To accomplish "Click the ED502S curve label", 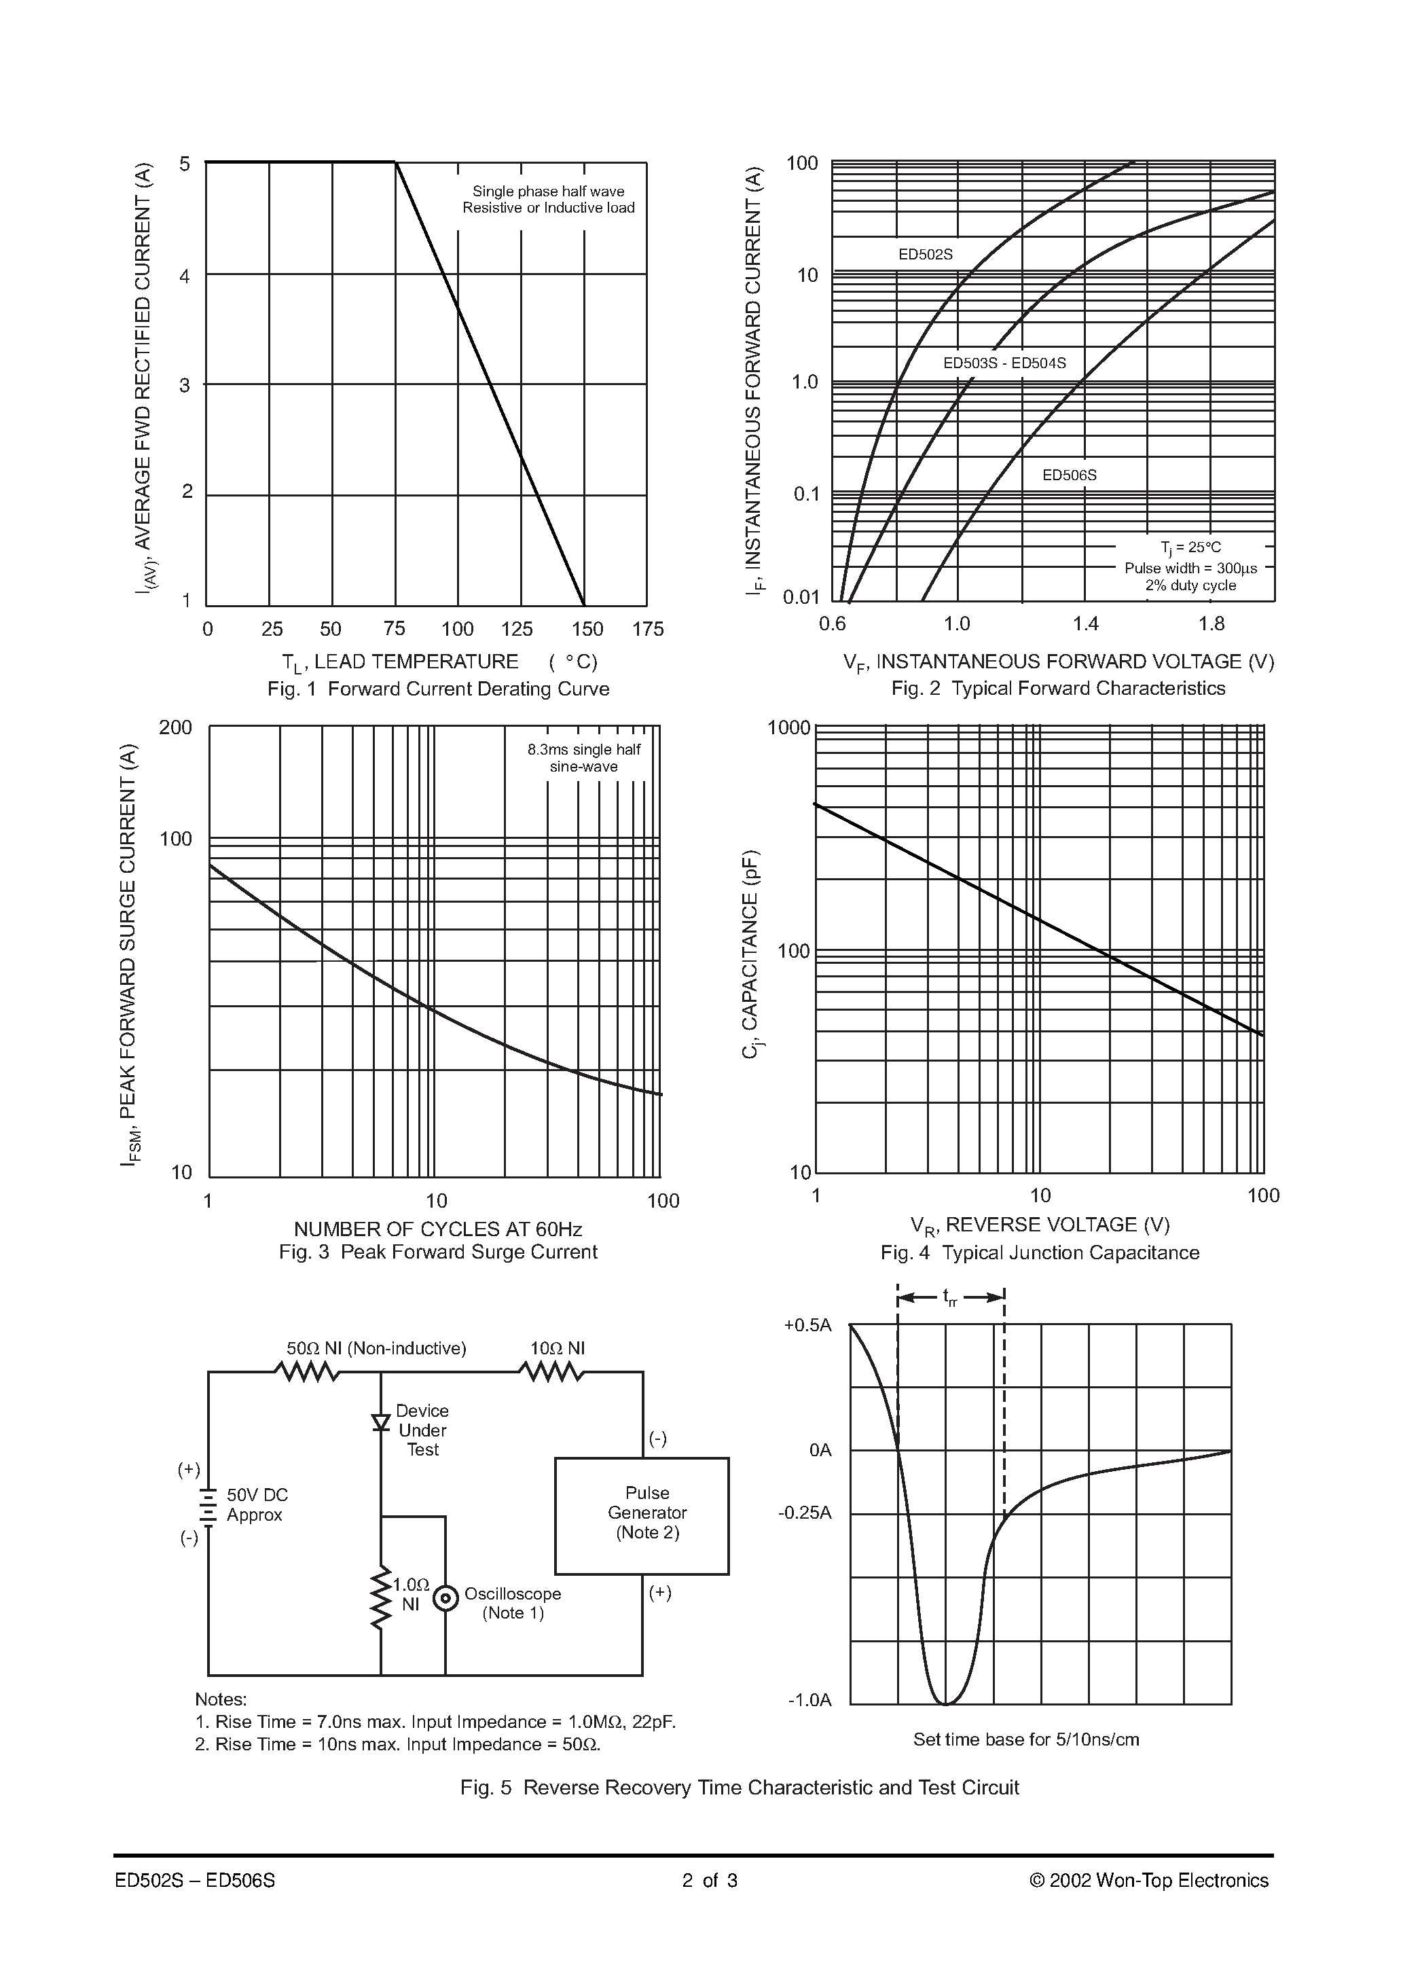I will (x=925, y=254).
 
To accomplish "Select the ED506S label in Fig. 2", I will (x=1069, y=475).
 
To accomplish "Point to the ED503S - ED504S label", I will (x=1004, y=363).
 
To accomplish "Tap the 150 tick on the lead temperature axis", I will (x=587, y=629).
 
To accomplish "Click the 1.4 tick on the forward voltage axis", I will (x=1086, y=624).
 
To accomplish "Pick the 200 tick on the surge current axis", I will (x=176, y=727).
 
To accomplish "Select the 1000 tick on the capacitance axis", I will (x=788, y=728).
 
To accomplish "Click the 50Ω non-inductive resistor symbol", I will (x=306, y=1372).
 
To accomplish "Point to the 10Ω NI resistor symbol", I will (x=551, y=1372).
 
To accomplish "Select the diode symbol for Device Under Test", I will (x=380, y=1423).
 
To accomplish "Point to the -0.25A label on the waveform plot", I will (x=805, y=1513).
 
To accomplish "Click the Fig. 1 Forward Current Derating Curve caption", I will (x=438, y=689).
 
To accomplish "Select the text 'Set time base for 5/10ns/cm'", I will (x=1026, y=1739).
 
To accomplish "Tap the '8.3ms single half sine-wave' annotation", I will (x=584, y=758).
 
